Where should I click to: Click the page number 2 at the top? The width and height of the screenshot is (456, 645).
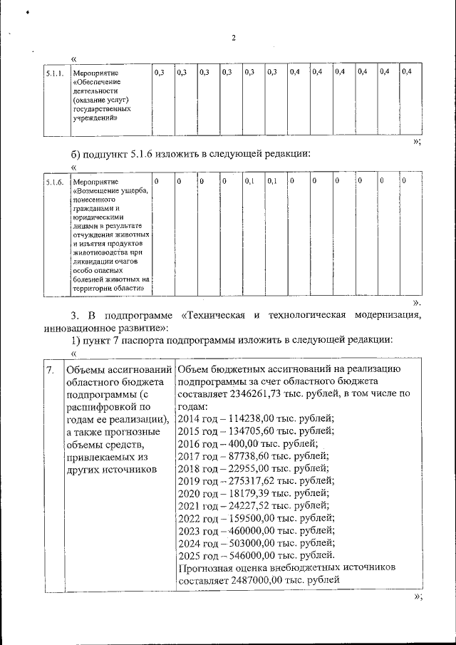[234, 38]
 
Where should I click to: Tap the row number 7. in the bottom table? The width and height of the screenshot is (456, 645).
[49, 371]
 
